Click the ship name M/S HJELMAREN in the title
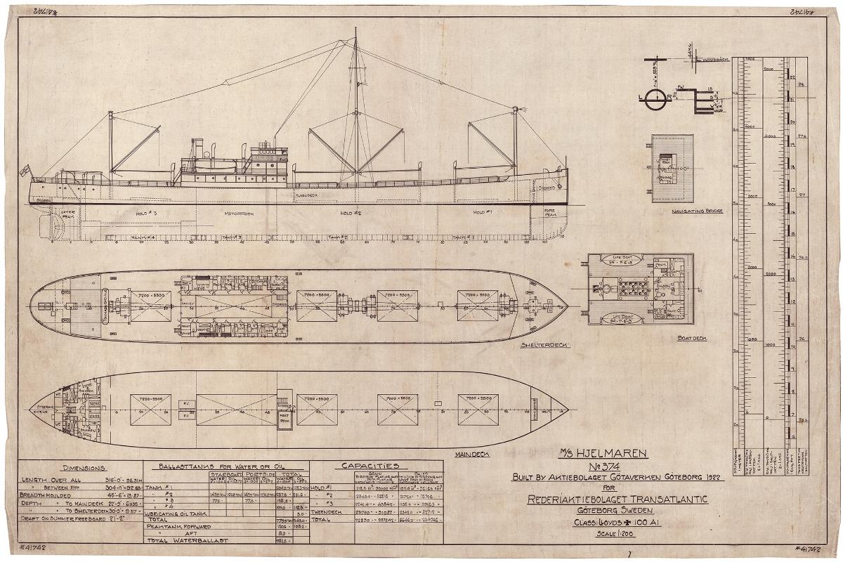[x=612, y=454]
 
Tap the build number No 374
[x=612, y=466]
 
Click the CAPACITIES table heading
[x=370, y=466]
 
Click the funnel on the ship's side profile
[x=199, y=148]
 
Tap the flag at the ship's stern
[x=25, y=170]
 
